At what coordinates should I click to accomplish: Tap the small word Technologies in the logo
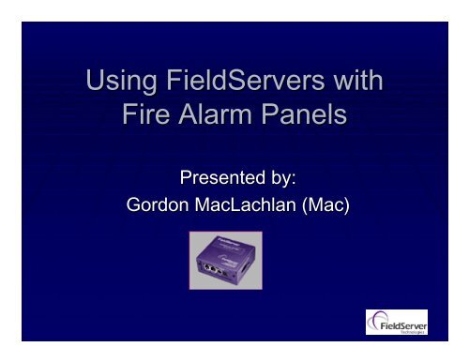[406, 331]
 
